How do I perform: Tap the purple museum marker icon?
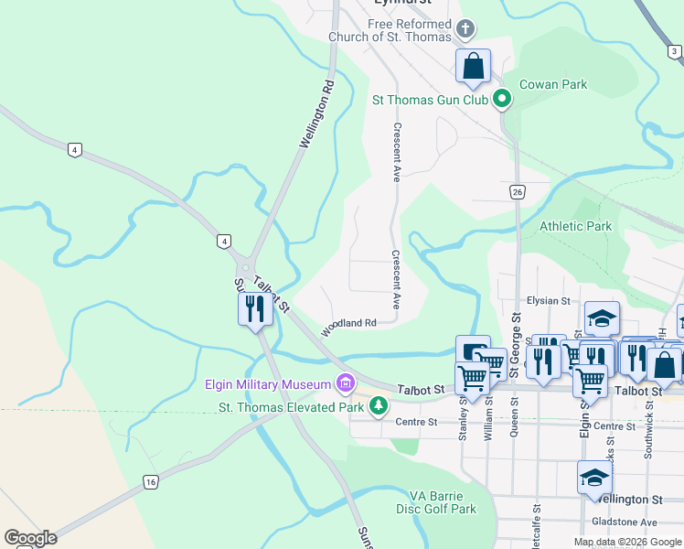click(x=346, y=382)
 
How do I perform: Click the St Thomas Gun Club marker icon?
click(x=501, y=99)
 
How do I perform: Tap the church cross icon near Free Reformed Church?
click(x=465, y=29)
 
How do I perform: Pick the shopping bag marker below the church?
click(x=473, y=67)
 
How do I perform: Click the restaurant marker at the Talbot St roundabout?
click(x=254, y=308)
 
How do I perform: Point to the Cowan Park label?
click(x=553, y=84)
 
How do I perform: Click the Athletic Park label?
click(x=575, y=226)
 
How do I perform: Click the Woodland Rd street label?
click(x=348, y=324)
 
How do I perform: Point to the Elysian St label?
click(x=549, y=300)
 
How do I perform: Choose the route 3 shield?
click(x=674, y=51)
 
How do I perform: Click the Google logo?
click(x=30, y=538)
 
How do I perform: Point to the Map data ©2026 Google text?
click(x=626, y=542)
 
